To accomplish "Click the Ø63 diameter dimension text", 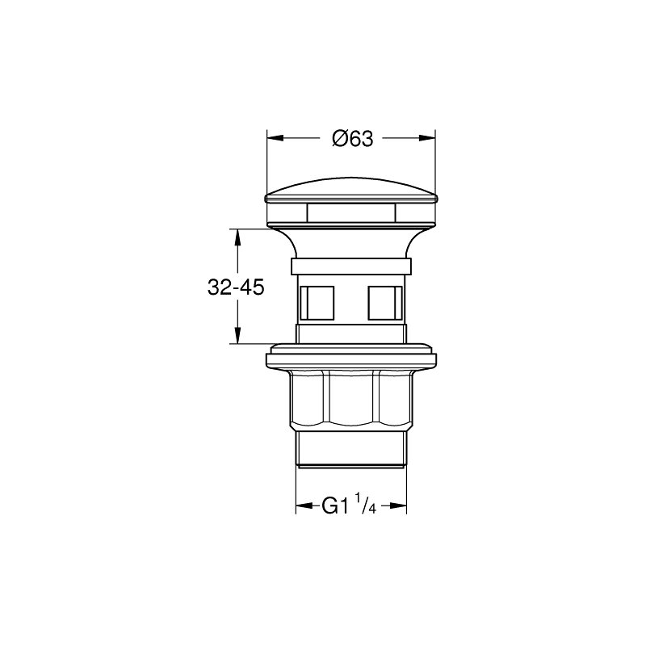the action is [353, 139].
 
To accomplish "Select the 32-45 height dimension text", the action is [236, 287].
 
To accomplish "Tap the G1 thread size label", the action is [336, 506].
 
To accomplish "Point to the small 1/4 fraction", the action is [366, 502].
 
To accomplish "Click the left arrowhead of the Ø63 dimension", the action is [275, 138].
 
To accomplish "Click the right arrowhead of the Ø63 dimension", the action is [427, 138].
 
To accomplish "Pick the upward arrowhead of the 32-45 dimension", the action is [237, 237].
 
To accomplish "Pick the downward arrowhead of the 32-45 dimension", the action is [237, 335].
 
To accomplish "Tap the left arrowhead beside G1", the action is [304, 506].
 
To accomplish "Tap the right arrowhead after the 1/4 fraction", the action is [398, 506].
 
